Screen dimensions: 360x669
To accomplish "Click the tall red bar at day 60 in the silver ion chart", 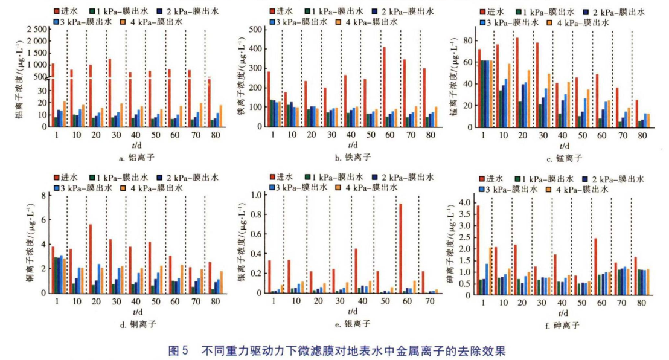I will (400, 248).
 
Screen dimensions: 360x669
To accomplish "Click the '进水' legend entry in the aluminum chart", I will (66, 11).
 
